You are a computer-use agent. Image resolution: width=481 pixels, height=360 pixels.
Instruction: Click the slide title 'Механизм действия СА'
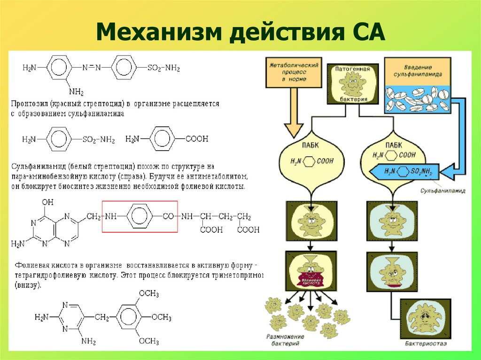[x=240, y=34]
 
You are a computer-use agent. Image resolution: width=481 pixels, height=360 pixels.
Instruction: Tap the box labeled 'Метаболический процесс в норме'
[x=294, y=73]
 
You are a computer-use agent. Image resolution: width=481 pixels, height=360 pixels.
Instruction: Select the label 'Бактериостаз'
[x=427, y=344]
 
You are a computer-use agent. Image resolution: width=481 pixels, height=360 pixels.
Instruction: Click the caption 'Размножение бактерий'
[x=285, y=340]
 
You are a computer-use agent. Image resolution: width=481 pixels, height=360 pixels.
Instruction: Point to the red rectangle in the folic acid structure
[x=140, y=216]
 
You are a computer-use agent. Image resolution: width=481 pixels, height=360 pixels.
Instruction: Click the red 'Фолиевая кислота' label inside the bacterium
[x=310, y=283]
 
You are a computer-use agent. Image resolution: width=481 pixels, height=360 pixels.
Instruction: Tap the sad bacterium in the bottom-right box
[x=426, y=320]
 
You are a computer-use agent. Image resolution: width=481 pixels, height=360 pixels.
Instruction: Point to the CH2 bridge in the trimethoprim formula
[x=101, y=318]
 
